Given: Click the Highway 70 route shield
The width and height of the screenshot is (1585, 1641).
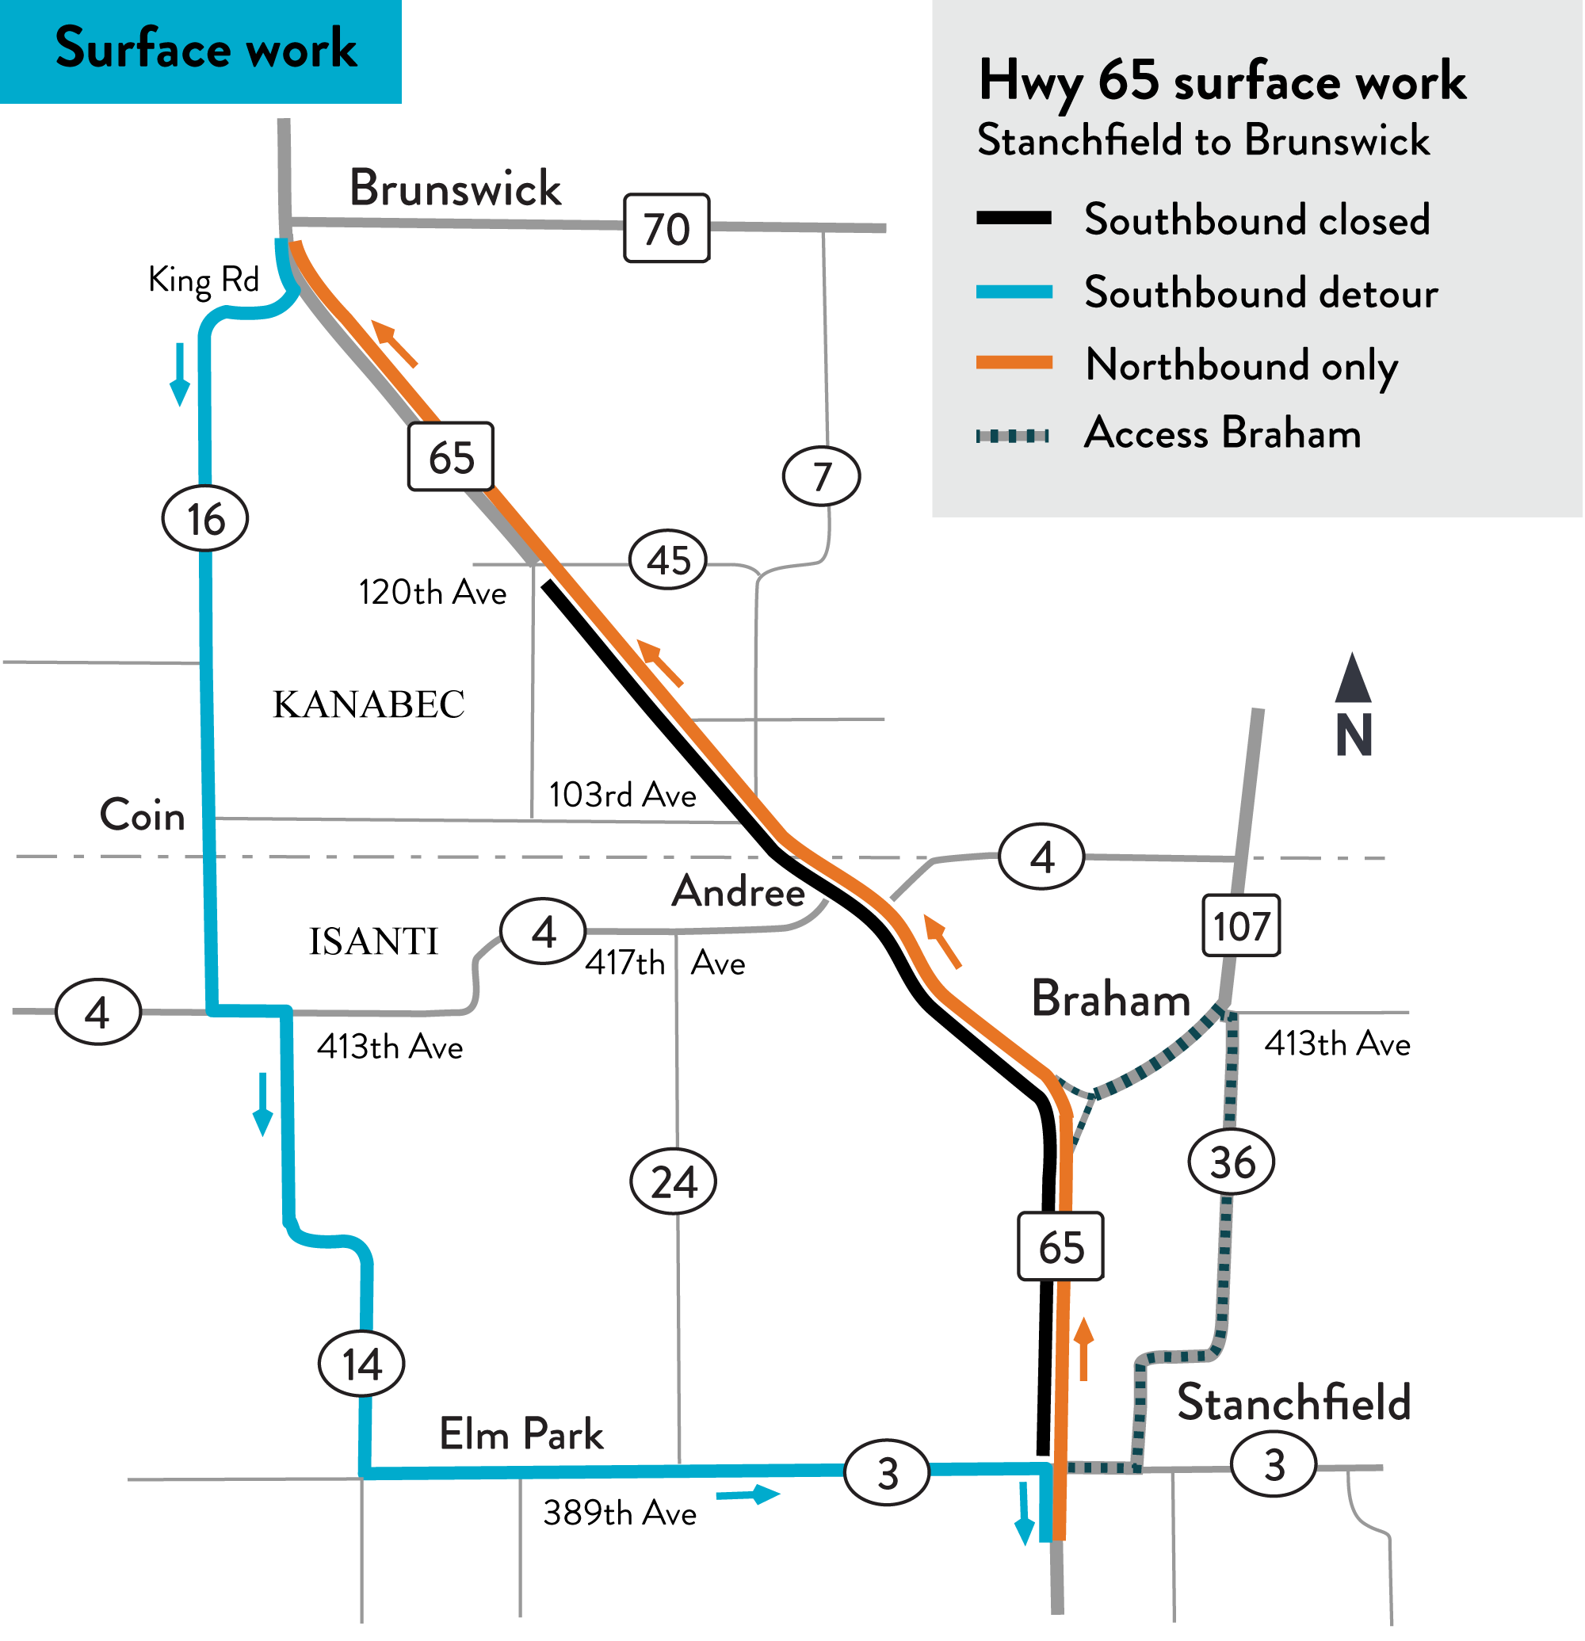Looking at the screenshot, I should pyautogui.click(x=666, y=228).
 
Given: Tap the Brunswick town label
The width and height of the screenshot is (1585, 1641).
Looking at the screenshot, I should pyautogui.click(x=455, y=188).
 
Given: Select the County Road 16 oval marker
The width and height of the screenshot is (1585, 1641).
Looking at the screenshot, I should pyautogui.click(x=205, y=518).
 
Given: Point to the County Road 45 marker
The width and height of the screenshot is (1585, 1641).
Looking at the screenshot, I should pyautogui.click(x=667, y=559).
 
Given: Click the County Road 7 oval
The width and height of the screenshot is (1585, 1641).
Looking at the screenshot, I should pyautogui.click(x=820, y=476).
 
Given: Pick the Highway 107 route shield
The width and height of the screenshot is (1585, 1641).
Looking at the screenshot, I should pyautogui.click(x=1240, y=926).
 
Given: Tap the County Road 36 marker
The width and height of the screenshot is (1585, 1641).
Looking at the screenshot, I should pyautogui.click(x=1231, y=1162).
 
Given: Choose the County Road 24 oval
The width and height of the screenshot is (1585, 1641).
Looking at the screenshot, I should pyautogui.click(x=672, y=1181).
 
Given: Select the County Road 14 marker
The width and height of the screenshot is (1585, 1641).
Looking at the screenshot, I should pyautogui.click(x=361, y=1364).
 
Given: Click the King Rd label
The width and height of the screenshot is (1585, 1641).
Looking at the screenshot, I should pyautogui.click(x=204, y=280).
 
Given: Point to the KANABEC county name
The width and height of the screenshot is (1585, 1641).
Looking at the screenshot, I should pyautogui.click(x=369, y=704).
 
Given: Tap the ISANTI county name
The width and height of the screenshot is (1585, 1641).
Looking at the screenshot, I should pyautogui.click(x=373, y=941).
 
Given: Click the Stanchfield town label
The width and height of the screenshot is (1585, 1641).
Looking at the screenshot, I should pyautogui.click(x=1293, y=1403).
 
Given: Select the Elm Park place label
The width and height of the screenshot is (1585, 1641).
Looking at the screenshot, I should pyautogui.click(x=521, y=1434).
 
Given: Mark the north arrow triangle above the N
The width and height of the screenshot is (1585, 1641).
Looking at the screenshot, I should pyautogui.click(x=1352, y=679).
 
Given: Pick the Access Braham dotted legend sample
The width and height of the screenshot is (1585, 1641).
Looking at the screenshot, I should pyautogui.click(x=1012, y=435).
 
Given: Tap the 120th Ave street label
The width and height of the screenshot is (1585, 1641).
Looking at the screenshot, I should pyautogui.click(x=432, y=592).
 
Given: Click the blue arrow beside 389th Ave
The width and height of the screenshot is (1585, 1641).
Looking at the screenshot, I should pyautogui.click(x=749, y=1494).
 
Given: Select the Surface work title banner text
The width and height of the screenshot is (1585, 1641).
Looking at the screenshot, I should pyautogui.click(x=206, y=48).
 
